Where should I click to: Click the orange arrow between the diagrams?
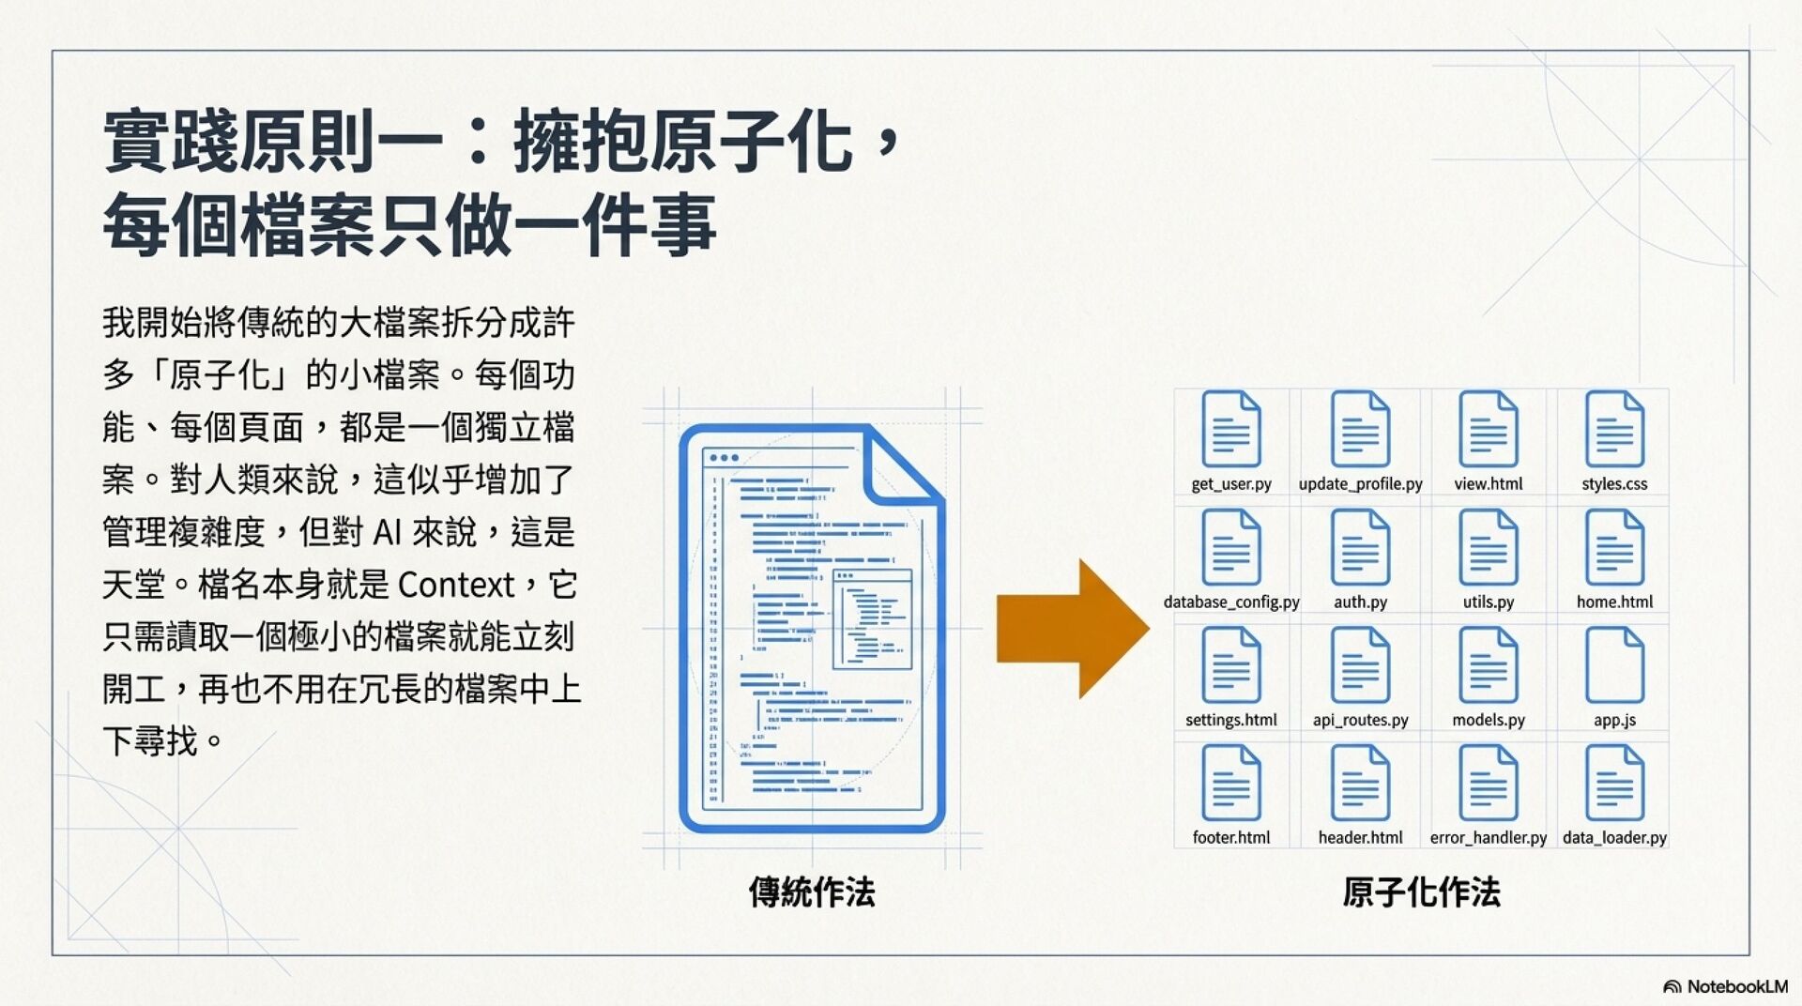tap(1070, 629)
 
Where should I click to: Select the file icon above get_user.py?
tap(1230, 430)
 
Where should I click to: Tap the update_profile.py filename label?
tap(1360, 484)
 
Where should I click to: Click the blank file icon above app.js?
tap(1614, 665)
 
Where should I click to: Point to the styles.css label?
tap(1614, 484)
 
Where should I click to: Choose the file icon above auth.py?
tap(1360, 547)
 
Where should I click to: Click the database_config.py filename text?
tap(1231, 602)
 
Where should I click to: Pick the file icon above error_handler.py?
tap(1488, 783)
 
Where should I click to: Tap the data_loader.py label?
tap(1614, 837)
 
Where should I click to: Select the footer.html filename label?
tap(1230, 837)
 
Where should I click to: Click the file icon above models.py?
tap(1488, 665)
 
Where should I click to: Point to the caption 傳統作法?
tap(812, 892)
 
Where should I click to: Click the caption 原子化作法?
tap(1421, 892)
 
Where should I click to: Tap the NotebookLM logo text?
tap(1736, 986)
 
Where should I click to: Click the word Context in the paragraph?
tap(456, 585)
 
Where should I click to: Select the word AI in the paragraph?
tap(387, 532)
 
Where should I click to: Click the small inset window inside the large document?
tap(872, 618)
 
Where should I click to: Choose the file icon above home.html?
tap(1614, 547)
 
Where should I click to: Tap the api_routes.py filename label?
tap(1360, 720)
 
